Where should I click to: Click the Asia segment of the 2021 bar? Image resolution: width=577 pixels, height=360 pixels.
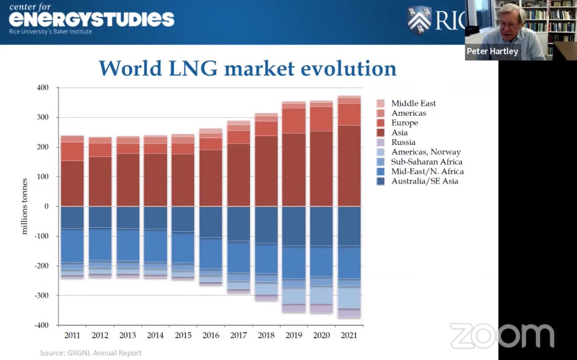pos(349,166)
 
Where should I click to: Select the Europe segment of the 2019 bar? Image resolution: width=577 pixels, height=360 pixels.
pos(294,121)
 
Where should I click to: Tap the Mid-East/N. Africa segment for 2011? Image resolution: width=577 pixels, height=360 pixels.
pos(72,246)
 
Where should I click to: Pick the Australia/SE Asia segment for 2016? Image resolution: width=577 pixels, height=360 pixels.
pos(211,222)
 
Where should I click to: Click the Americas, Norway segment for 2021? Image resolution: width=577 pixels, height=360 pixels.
pos(349,298)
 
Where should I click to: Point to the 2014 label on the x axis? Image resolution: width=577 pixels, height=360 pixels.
pos(155,335)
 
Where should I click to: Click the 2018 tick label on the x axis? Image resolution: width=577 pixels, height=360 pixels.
pos(266,335)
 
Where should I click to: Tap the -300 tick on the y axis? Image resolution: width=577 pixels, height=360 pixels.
pos(41,296)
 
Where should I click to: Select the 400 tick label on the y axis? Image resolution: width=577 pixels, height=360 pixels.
pos(42,87)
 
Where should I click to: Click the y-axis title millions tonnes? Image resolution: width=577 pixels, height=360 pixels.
pos(25,206)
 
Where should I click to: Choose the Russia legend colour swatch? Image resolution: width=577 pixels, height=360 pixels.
pos(380,142)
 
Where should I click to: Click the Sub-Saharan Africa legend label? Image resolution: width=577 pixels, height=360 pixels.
pos(426,161)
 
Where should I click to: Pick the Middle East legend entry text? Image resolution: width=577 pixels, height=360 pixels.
pos(414,103)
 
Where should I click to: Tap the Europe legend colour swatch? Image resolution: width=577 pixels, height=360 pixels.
pos(380,123)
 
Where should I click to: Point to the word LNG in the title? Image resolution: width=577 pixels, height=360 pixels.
pos(193,69)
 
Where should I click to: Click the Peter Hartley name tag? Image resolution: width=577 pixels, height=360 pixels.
pos(492,51)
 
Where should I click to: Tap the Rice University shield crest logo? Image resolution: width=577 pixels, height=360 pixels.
pos(419,21)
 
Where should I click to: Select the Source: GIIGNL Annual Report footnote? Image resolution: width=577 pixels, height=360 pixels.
pos(91,353)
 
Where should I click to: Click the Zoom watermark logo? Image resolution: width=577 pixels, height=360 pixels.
pos(502,336)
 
